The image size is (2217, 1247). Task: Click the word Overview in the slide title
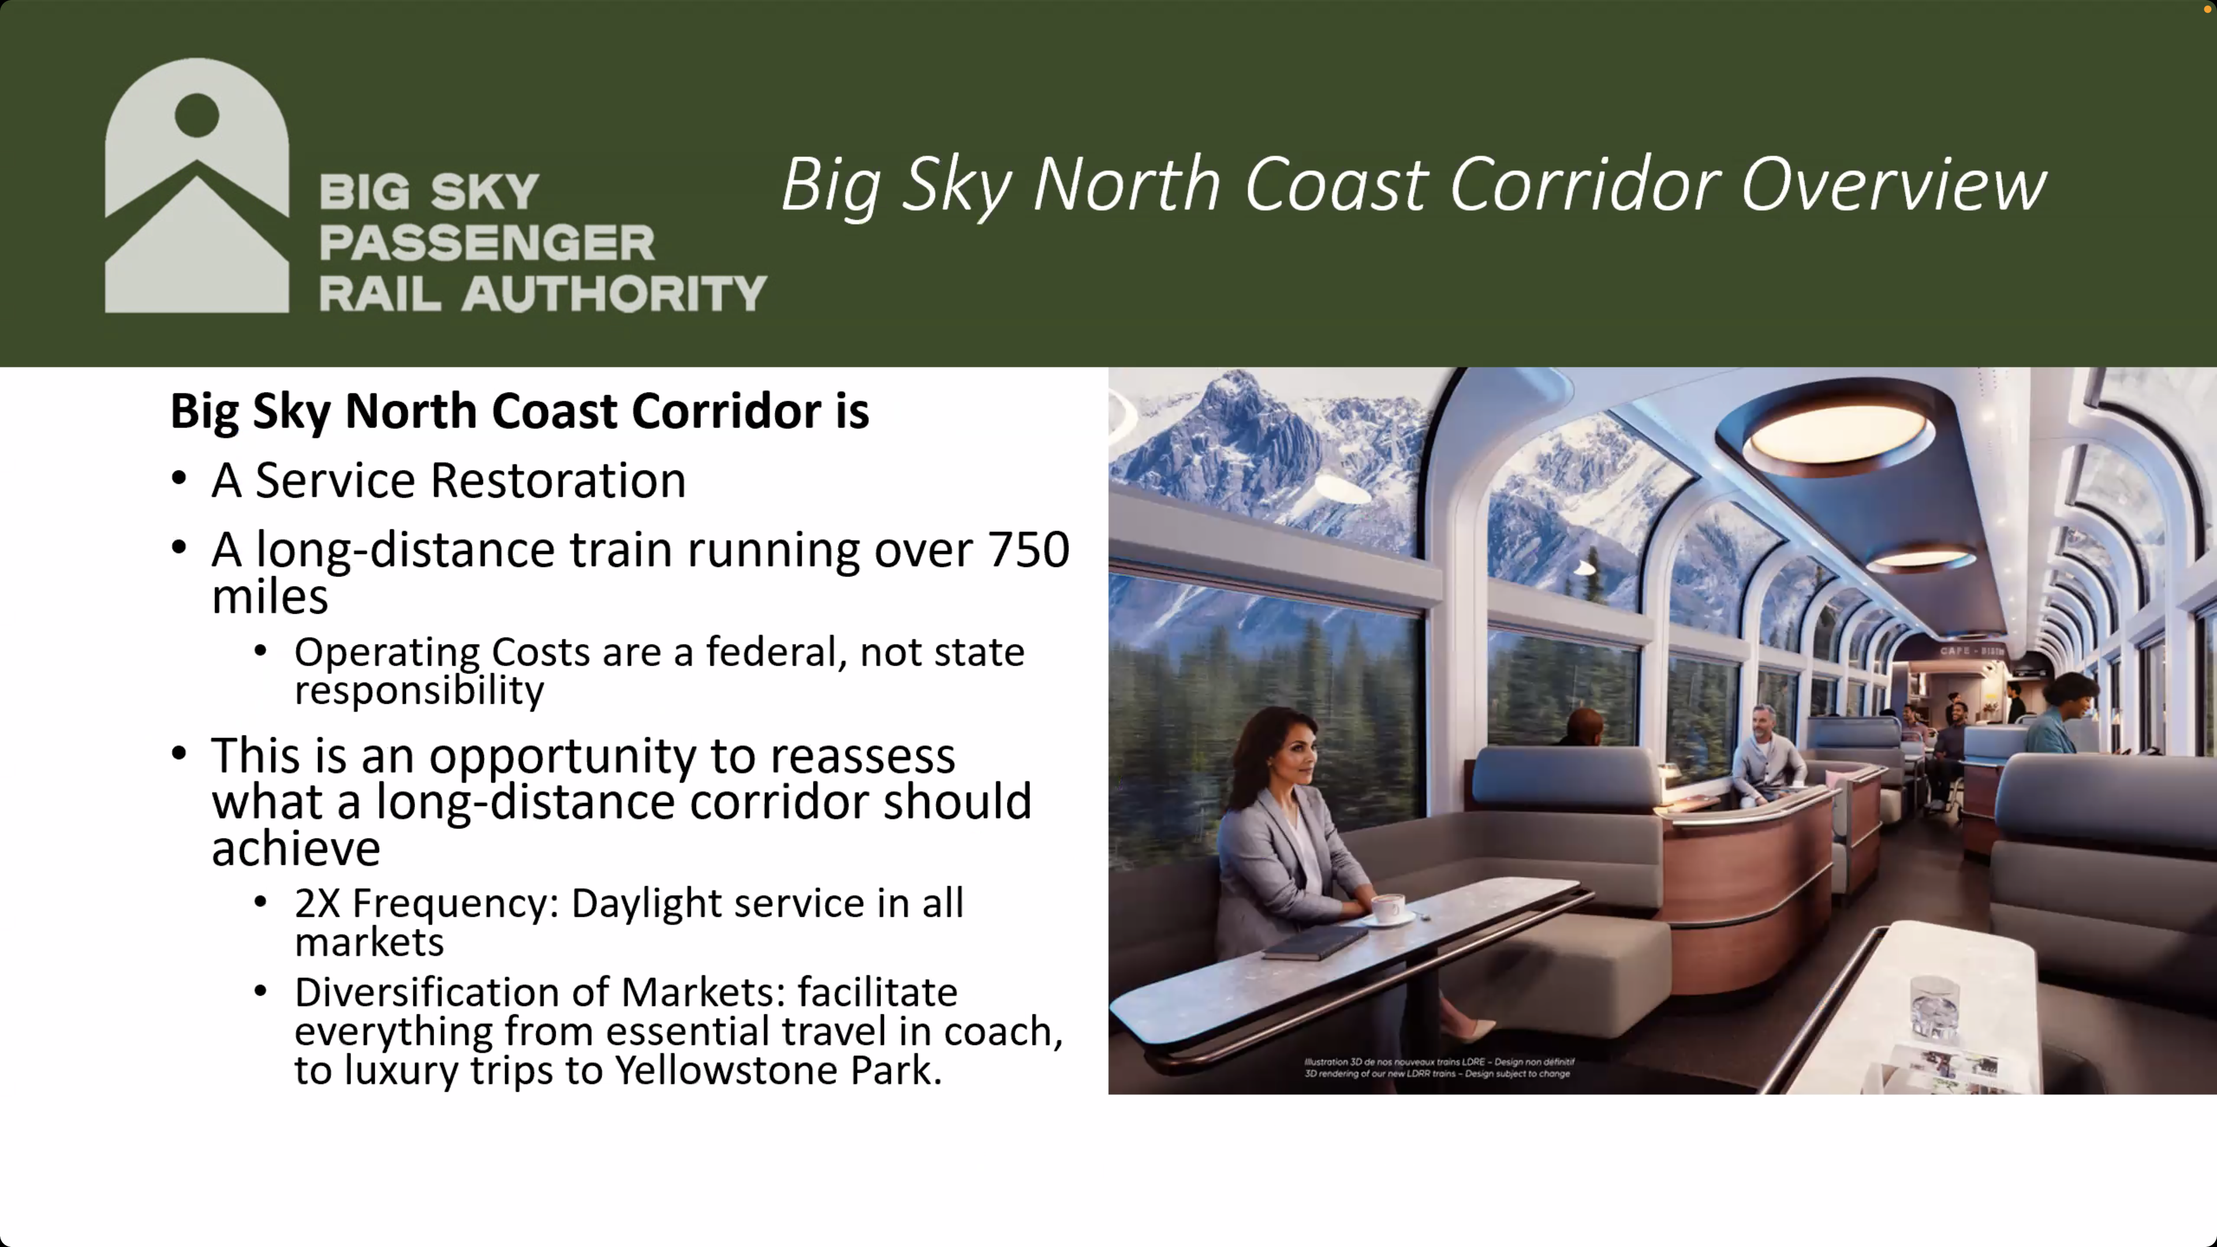point(1894,184)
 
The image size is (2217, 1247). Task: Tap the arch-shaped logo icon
point(197,185)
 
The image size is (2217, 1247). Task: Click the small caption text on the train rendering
point(1439,1067)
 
